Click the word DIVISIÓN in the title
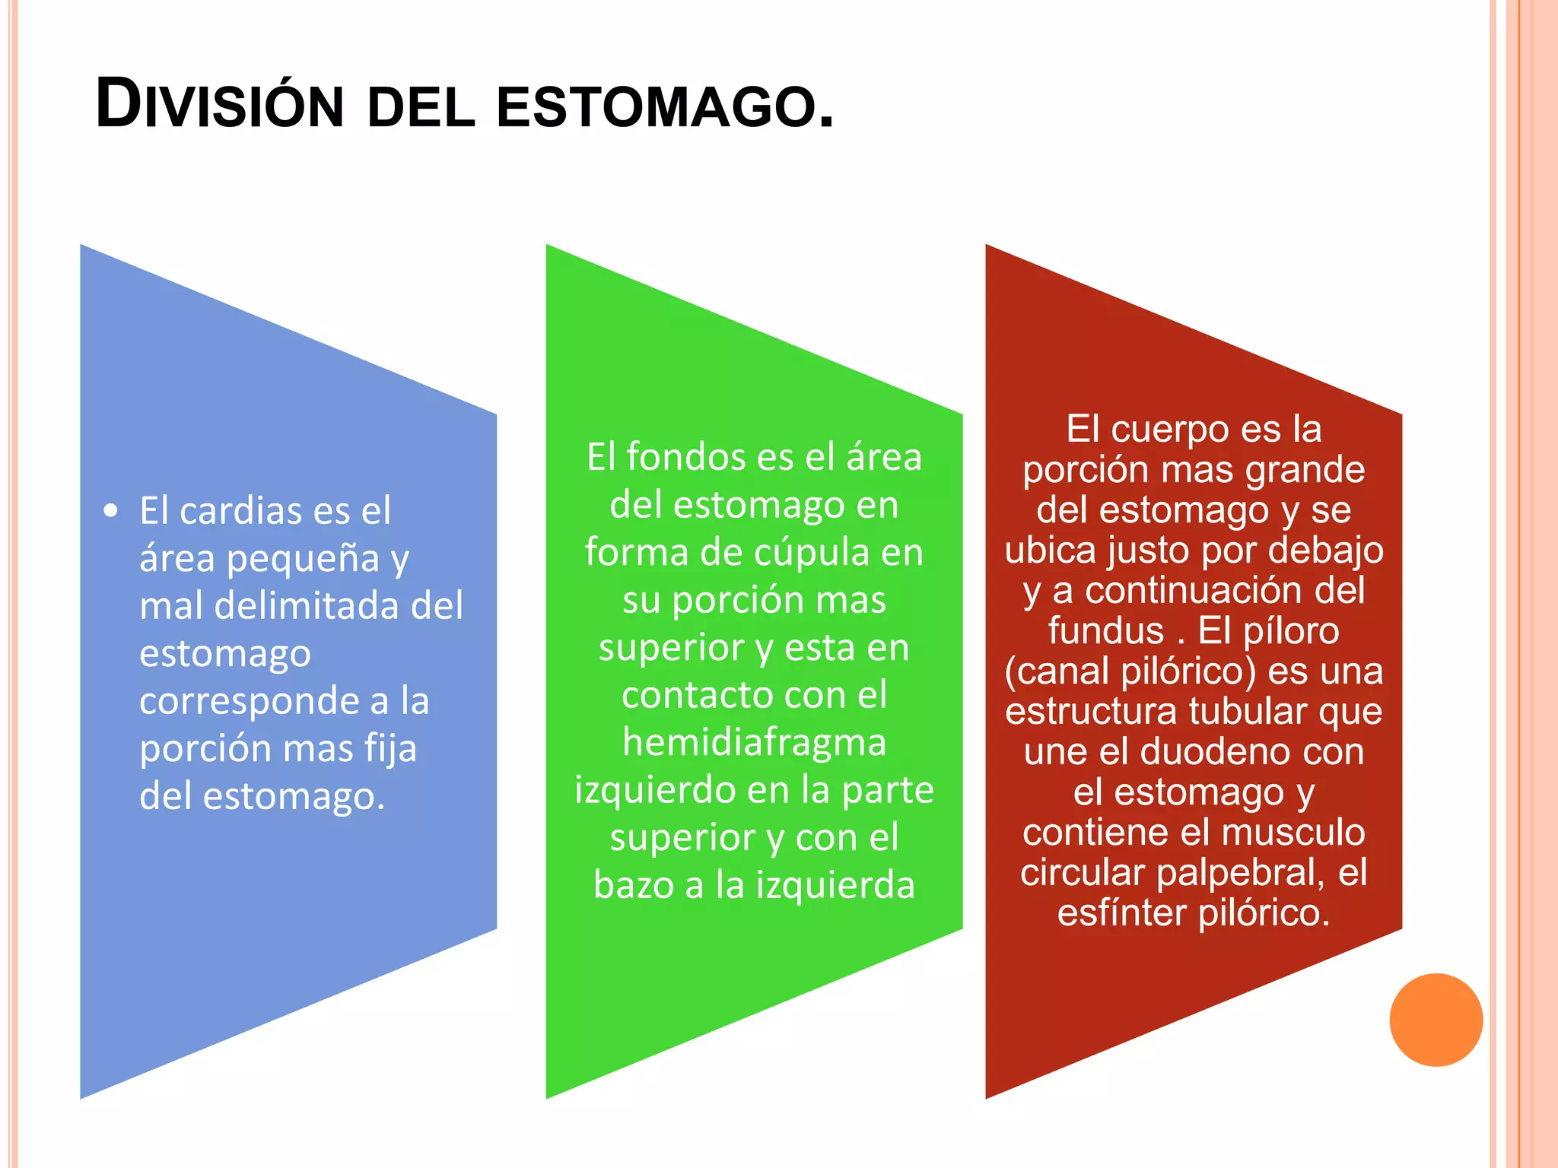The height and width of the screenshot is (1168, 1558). [220, 105]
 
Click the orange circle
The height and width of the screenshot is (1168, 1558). [1436, 1020]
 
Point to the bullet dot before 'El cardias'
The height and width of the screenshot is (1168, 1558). [111, 510]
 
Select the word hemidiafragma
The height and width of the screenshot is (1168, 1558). [754, 742]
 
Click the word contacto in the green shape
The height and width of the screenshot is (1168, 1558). [696, 695]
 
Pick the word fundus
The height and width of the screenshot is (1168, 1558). [1105, 631]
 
